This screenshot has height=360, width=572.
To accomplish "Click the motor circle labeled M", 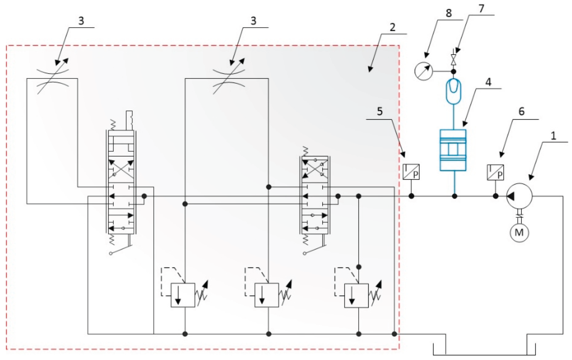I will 519,233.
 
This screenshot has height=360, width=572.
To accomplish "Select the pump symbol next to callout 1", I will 519,196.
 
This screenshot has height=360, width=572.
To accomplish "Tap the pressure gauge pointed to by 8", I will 423,71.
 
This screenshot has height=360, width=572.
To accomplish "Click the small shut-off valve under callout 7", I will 453,60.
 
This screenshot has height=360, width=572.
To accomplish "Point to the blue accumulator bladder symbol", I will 453,91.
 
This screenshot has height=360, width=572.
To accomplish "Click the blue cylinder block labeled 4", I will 453,150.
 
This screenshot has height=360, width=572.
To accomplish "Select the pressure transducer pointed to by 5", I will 411,172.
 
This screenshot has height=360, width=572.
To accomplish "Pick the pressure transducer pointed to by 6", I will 495,172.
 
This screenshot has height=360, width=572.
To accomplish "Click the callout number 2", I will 392,27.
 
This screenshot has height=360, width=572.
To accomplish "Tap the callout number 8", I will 449,13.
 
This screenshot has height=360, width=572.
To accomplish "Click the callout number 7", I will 481,9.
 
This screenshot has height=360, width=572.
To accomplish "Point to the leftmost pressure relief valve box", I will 183,295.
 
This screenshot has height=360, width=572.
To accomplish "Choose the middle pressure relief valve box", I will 267,295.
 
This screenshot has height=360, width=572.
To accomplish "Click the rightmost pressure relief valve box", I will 356,295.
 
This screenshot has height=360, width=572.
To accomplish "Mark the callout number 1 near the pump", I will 553,136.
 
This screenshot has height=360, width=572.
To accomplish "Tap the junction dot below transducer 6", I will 495,196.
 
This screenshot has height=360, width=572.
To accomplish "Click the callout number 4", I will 488,82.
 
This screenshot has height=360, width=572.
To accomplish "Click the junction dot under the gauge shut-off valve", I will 453,71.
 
